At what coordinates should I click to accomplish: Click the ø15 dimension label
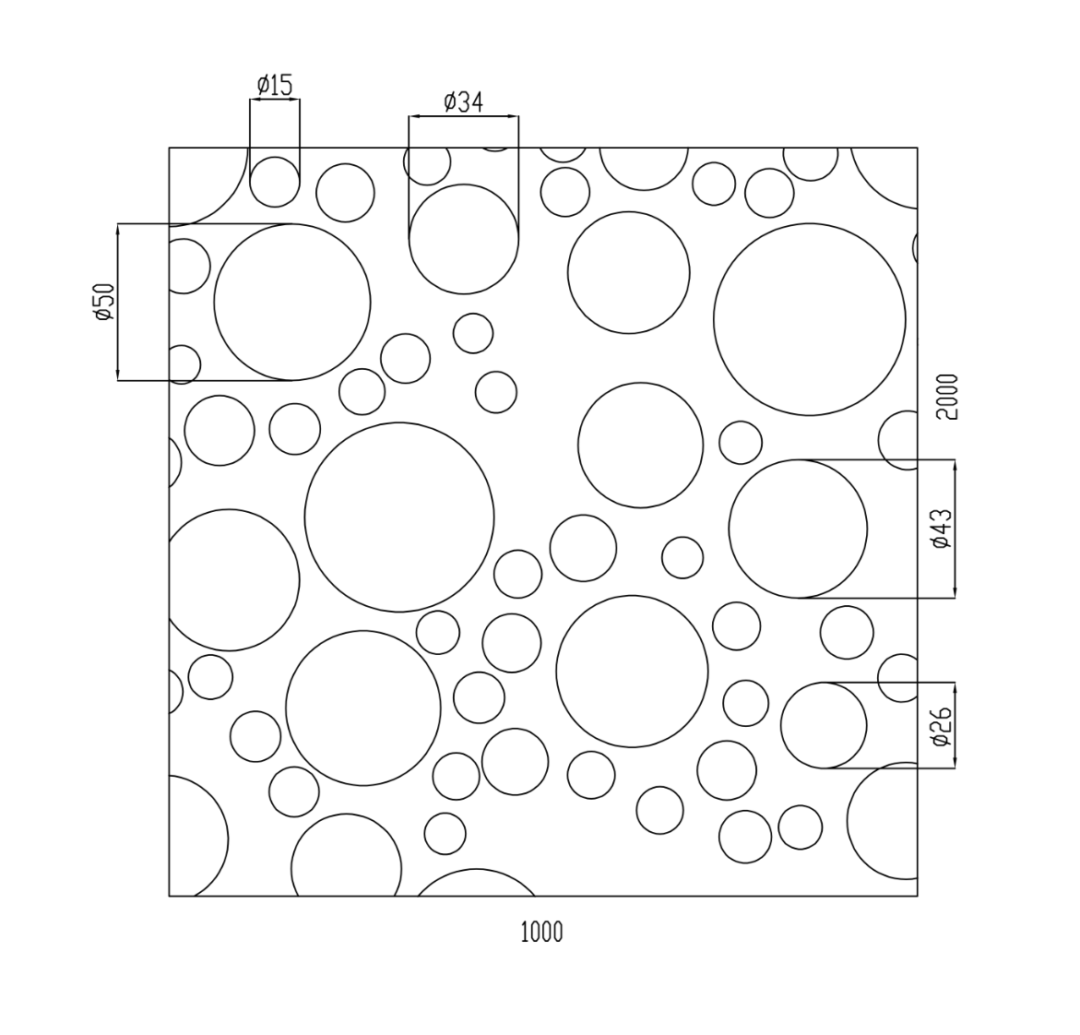(x=275, y=86)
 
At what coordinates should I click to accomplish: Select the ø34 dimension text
(x=463, y=101)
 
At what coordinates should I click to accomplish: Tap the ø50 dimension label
(x=103, y=302)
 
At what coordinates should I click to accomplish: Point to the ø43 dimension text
(x=942, y=529)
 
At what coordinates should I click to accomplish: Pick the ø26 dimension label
(x=942, y=726)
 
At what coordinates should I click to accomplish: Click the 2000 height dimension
(x=947, y=397)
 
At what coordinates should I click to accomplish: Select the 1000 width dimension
(x=541, y=933)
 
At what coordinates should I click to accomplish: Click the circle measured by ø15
(x=275, y=182)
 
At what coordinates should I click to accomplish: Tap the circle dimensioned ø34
(x=464, y=239)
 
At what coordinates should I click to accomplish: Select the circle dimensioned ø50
(x=292, y=302)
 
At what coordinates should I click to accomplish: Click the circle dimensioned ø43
(x=798, y=529)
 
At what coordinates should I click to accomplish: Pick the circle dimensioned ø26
(x=824, y=726)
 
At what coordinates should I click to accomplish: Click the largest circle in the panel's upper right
(x=810, y=319)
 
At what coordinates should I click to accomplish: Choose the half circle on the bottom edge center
(x=477, y=884)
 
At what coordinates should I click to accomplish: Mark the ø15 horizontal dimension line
(x=275, y=99)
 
